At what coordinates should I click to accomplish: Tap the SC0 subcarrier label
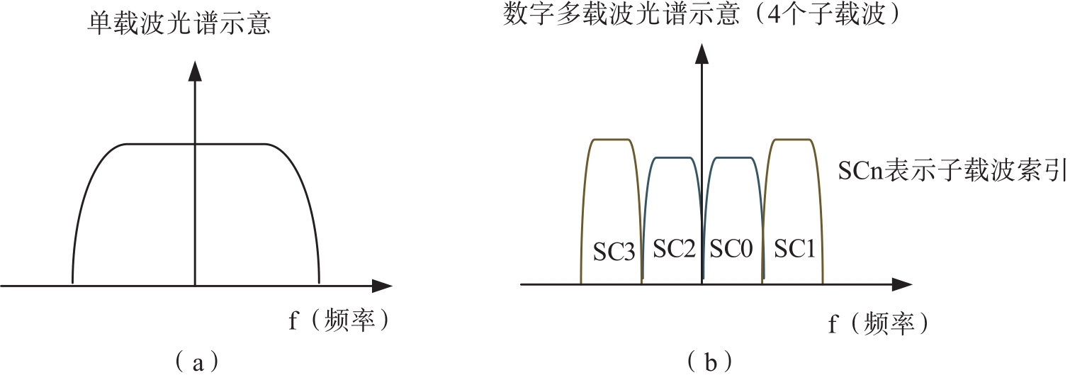point(732,248)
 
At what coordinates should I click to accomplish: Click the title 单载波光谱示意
point(180,25)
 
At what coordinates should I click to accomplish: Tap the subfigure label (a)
point(195,362)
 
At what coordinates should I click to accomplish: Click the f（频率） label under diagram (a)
point(339,321)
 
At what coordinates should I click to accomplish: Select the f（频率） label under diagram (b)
point(878,324)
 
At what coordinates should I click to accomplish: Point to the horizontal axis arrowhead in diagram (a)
point(383,286)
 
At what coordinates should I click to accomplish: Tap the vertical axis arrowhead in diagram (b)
point(702,51)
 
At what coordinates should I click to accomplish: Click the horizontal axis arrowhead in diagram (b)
point(902,284)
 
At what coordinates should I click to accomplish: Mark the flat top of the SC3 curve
point(612,140)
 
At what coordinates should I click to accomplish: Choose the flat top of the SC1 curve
point(792,140)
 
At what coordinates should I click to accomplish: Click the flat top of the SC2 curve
point(672,157)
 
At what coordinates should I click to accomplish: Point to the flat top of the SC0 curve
point(732,157)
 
